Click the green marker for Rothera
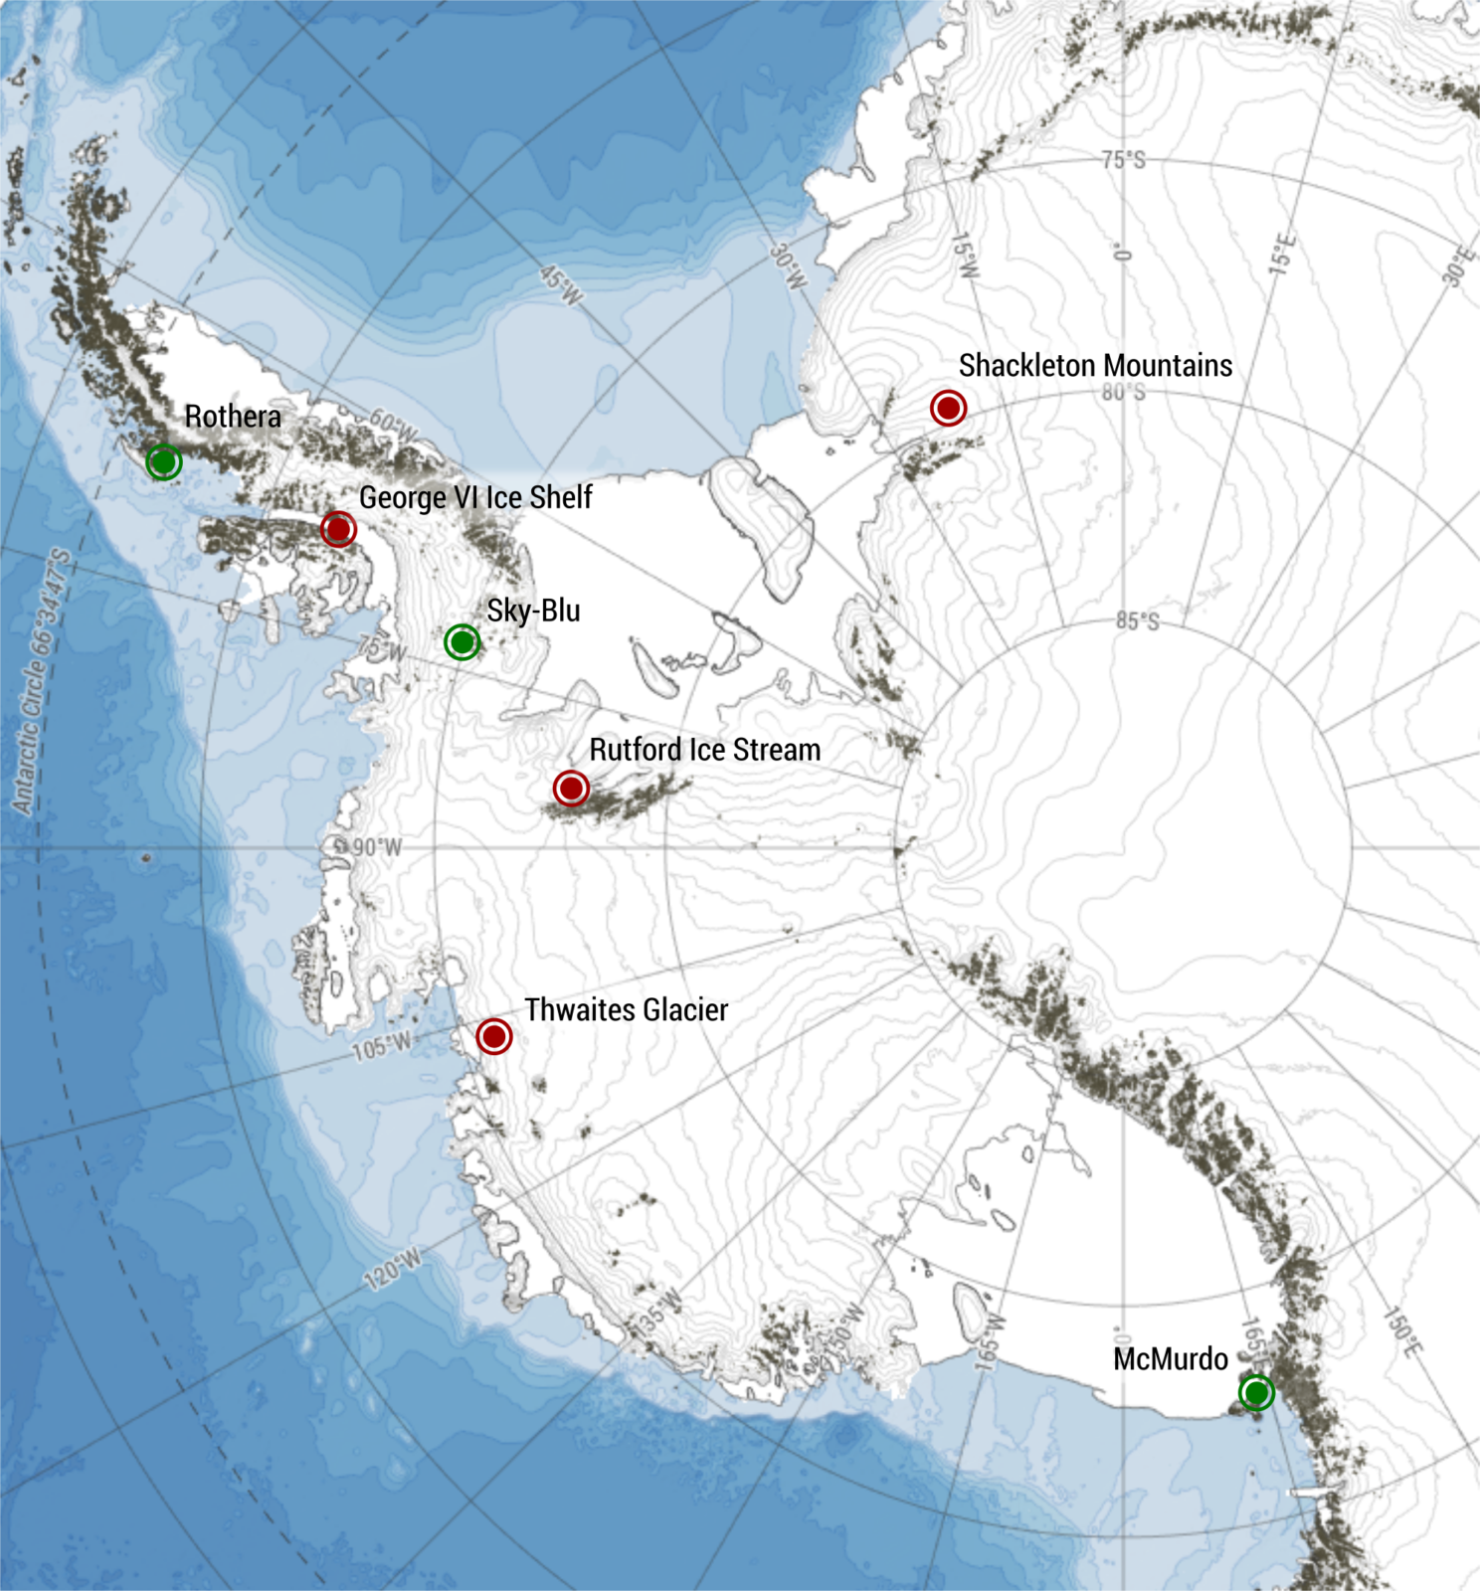(x=164, y=461)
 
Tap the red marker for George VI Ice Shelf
(x=338, y=529)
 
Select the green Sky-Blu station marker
(x=462, y=642)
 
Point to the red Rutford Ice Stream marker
(x=571, y=789)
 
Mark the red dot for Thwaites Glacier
(x=494, y=1036)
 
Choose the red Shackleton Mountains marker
(x=948, y=408)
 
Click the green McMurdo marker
(x=1256, y=1392)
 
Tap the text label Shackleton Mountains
(x=1095, y=366)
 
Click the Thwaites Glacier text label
(x=627, y=1010)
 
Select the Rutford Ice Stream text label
(x=705, y=750)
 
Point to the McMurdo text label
(x=1171, y=1359)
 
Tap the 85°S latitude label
(x=1137, y=621)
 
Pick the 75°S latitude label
(x=1123, y=160)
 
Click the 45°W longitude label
(x=561, y=285)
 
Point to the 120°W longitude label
(x=393, y=1270)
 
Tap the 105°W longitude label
(x=382, y=1046)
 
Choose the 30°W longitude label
(x=788, y=266)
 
